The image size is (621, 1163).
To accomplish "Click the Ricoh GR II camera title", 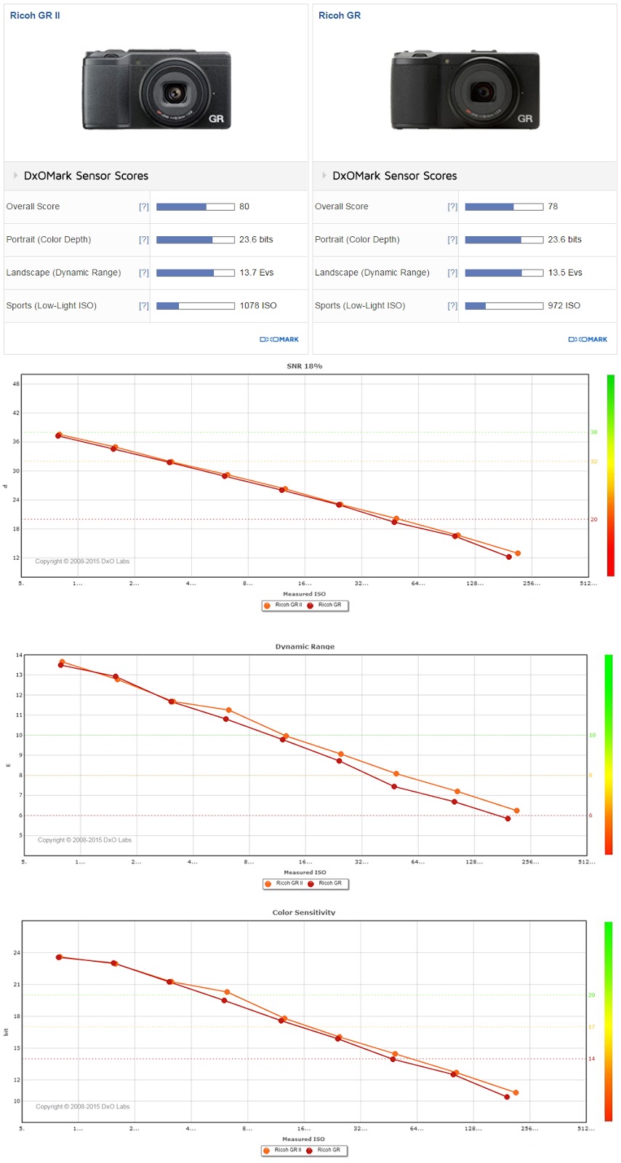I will (x=35, y=15).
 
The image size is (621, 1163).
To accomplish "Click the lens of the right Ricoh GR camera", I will (x=482, y=92).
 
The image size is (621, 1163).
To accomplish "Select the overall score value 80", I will (x=244, y=206).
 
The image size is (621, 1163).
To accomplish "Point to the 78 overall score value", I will (x=553, y=206).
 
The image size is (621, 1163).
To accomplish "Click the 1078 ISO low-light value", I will (x=258, y=305).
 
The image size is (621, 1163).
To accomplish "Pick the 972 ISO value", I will (x=564, y=305).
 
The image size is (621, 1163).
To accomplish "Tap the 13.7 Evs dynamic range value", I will (x=257, y=273).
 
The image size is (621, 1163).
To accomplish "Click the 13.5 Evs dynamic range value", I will (x=565, y=273).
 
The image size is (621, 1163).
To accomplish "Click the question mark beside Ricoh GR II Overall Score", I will (x=143, y=206).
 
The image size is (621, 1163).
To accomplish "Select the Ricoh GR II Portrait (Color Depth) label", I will (x=49, y=239).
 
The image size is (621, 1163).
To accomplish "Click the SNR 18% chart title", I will (x=304, y=366).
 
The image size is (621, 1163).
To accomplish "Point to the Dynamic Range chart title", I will (x=305, y=646).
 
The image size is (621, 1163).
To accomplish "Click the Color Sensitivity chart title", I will (x=304, y=912).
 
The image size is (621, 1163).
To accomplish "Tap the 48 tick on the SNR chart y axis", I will (x=16, y=383).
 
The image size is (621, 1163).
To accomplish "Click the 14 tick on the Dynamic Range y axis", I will (x=18, y=655).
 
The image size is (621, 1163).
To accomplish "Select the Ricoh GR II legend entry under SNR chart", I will (x=284, y=605).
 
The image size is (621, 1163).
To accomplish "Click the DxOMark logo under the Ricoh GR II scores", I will (x=279, y=339).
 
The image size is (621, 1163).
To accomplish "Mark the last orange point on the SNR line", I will (x=518, y=553).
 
